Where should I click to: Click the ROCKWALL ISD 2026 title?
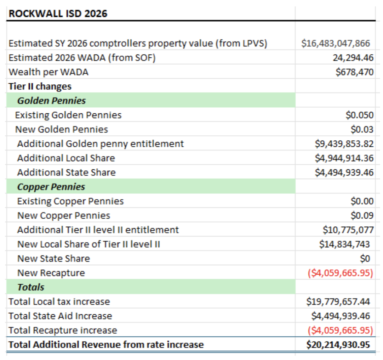point(58,14)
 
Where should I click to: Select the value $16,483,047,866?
point(335,44)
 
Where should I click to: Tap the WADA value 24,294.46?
point(353,58)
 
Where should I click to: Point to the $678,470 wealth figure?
point(354,72)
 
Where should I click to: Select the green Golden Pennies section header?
point(52,101)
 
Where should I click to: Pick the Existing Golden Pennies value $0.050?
point(359,115)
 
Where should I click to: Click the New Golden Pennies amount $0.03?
point(362,129)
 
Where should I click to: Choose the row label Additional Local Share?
point(66,158)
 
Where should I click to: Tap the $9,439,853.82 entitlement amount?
point(344,144)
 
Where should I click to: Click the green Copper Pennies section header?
point(51,187)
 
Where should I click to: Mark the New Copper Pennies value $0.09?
point(362,215)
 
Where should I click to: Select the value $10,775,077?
point(348,230)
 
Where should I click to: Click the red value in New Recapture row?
point(340,273)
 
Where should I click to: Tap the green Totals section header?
point(31,287)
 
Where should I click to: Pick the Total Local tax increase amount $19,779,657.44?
point(338,302)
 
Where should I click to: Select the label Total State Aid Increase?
point(60,316)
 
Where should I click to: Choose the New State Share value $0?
point(365,259)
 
